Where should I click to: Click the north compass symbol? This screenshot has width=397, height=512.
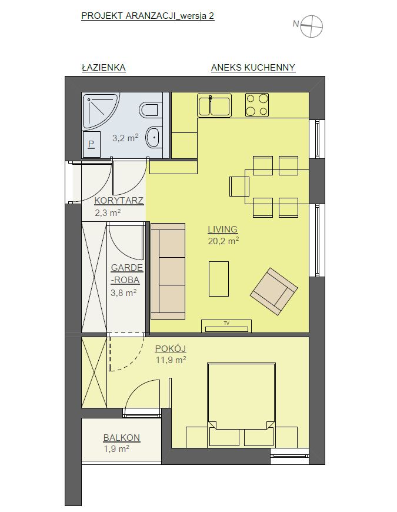pyautogui.click(x=311, y=26)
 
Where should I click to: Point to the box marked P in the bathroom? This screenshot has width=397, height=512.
pyautogui.click(x=91, y=144)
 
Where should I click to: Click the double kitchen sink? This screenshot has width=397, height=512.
pyautogui.click(x=214, y=105)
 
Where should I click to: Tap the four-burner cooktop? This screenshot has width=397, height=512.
pyautogui.click(x=257, y=105)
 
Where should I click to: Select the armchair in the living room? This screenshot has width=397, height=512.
pyautogui.click(x=274, y=291)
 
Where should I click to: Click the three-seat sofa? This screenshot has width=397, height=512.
pyautogui.click(x=168, y=271)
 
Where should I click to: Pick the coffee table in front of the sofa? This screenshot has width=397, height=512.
pyautogui.click(x=219, y=278)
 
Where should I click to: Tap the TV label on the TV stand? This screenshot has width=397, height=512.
pyautogui.click(x=226, y=323)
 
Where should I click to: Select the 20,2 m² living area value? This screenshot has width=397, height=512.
pyautogui.click(x=223, y=241)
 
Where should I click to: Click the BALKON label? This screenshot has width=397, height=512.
pyautogui.click(x=122, y=437)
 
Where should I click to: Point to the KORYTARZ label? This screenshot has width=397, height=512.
pyautogui.click(x=119, y=201)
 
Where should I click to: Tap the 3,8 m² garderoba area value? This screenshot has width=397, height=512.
pyautogui.click(x=124, y=292)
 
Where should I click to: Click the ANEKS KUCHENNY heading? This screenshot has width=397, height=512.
pyautogui.click(x=253, y=68)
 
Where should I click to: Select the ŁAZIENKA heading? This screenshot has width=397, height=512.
pyautogui.click(x=104, y=67)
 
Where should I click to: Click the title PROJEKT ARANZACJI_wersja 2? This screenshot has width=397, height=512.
pyautogui.click(x=148, y=16)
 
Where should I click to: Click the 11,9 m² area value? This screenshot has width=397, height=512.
pyautogui.click(x=171, y=360)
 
